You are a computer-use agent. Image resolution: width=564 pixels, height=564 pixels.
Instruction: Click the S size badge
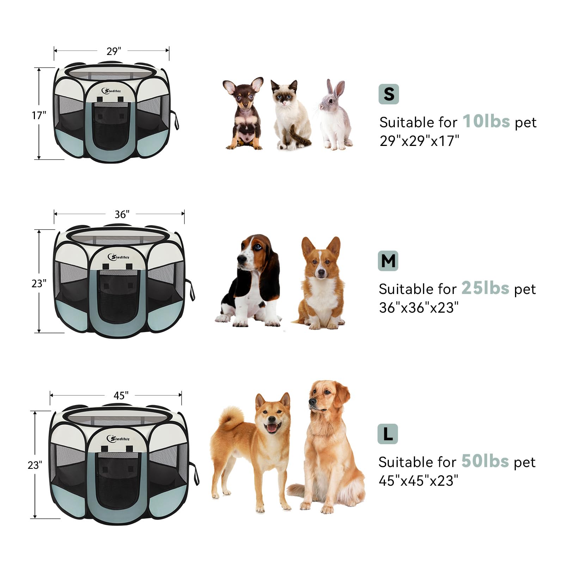coord(388,94)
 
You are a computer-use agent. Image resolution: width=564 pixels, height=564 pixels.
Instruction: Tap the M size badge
coord(388,261)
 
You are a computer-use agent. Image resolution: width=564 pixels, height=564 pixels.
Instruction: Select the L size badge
coord(388,434)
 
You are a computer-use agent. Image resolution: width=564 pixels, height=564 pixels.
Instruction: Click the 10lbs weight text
coord(486,121)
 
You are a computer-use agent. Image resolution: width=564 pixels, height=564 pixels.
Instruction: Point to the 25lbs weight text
coord(485,288)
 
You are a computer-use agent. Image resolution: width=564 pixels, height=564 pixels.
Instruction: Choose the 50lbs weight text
coord(485,461)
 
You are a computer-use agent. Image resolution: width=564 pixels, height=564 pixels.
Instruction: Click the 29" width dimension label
coord(114,51)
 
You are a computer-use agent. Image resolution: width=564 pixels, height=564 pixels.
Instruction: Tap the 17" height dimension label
coord(39,115)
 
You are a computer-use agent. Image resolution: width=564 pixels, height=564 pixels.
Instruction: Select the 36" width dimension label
coord(122,214)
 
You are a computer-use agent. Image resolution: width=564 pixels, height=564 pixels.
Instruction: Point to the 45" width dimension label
coord(121,396)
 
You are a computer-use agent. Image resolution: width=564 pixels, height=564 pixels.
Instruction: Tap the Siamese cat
coord(291,115)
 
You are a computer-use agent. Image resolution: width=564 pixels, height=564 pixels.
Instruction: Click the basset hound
coord(249,280)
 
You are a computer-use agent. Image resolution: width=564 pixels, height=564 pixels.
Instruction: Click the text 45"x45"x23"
coord(418,480)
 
